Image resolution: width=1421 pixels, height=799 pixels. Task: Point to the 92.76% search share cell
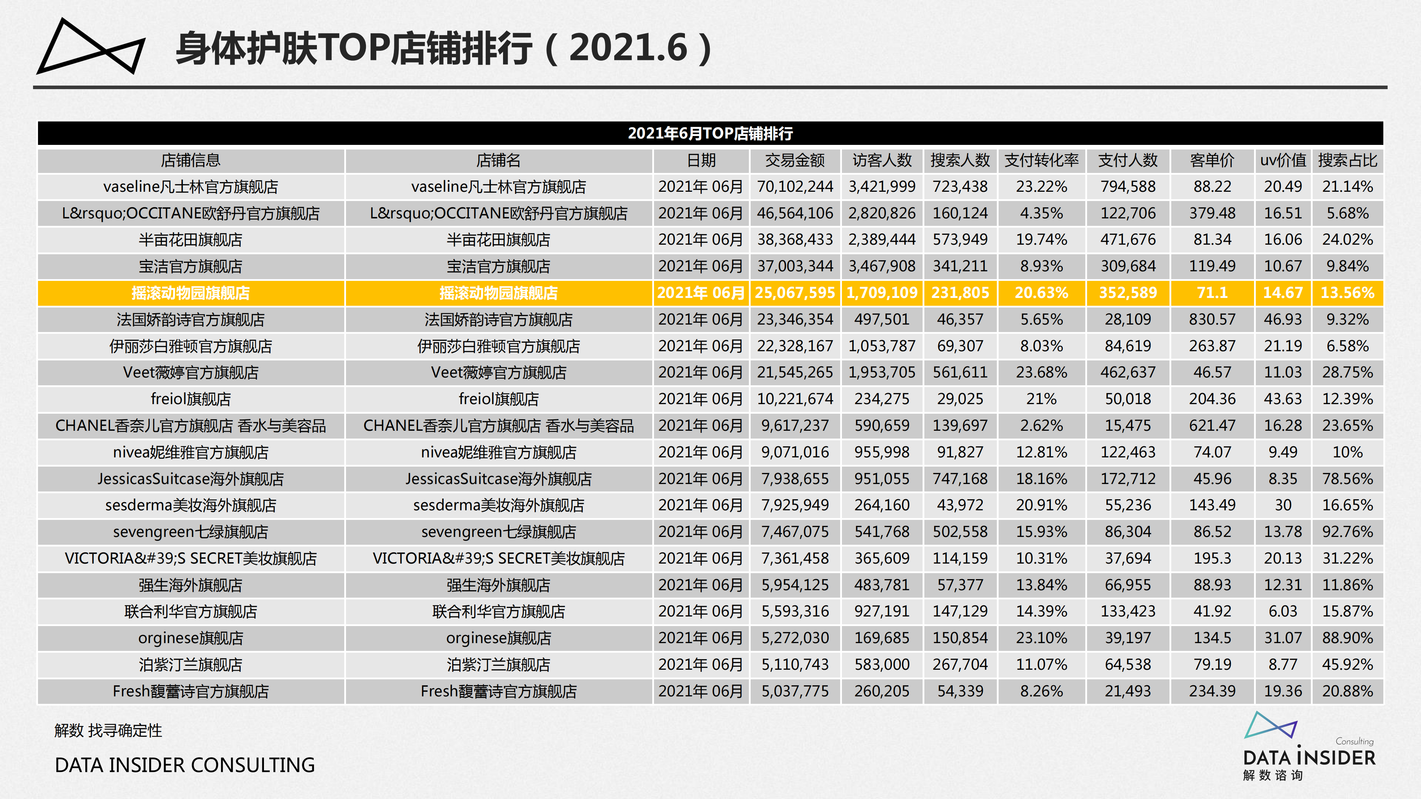[1347, 532]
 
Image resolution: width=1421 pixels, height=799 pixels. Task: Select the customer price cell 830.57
[1212, 319]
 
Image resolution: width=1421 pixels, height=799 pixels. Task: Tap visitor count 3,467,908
[881, 266]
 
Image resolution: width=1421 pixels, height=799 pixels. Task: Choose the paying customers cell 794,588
[1128, 187]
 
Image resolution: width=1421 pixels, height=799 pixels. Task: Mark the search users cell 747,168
[960, 479]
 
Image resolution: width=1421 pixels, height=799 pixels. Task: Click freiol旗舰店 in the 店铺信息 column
[190, 399]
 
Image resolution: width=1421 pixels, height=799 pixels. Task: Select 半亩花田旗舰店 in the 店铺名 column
[498, 240]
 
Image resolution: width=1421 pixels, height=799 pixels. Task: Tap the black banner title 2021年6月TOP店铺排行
[710, 134]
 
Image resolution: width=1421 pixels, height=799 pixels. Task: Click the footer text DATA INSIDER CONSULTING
[185, 765]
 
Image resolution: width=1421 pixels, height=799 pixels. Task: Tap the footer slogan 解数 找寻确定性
[108, 730]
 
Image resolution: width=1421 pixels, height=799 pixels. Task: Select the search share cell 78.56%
[1347, 479]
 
